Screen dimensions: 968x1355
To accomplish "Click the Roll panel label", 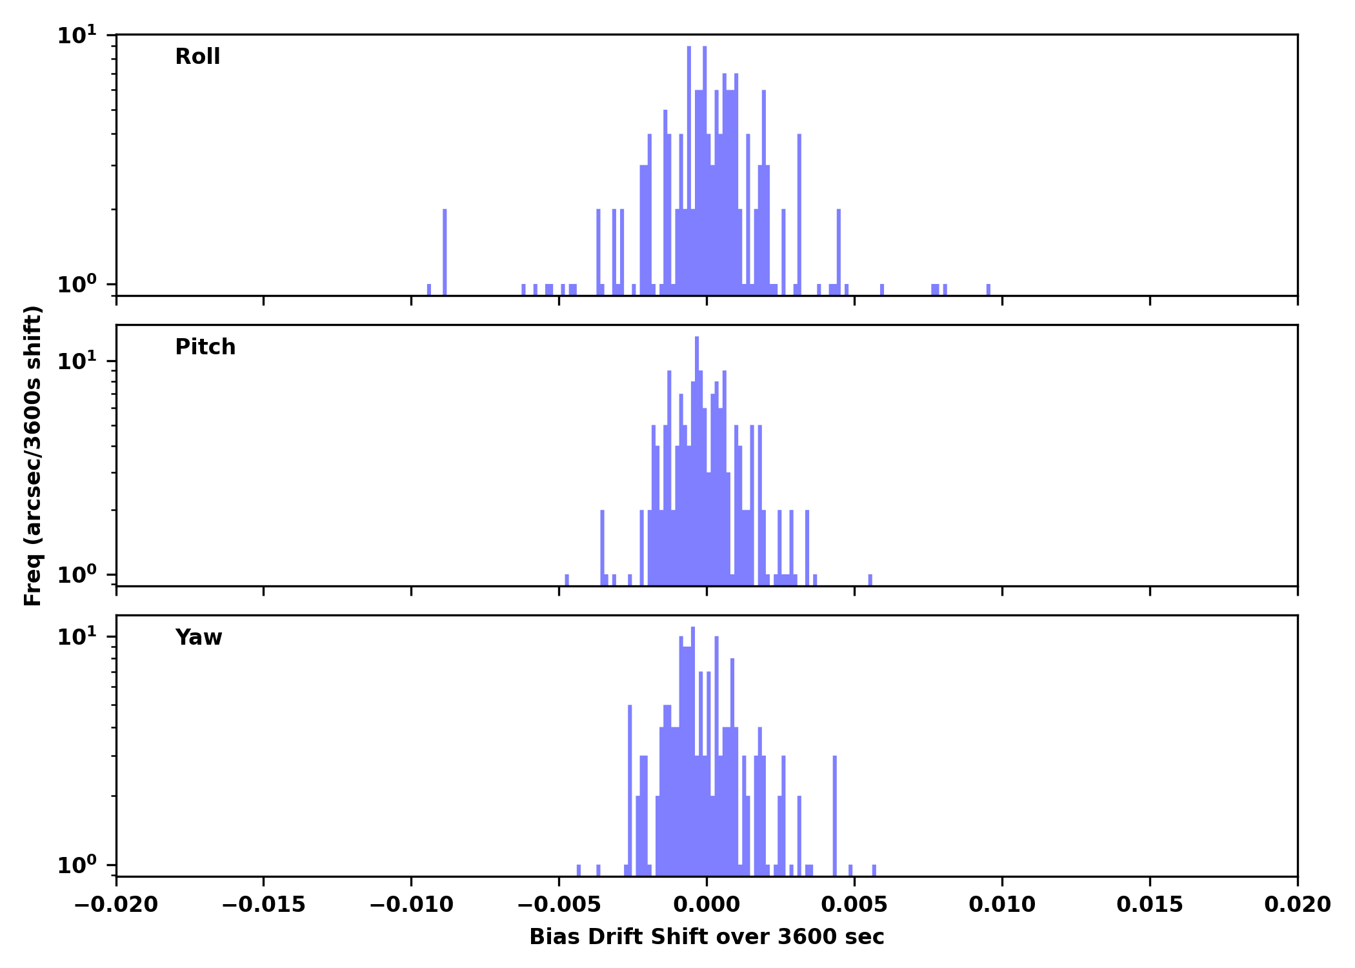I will [x=197, y=57].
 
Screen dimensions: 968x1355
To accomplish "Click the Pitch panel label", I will [x=205, y=347].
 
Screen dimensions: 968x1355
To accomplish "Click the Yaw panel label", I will [x=199, y=638].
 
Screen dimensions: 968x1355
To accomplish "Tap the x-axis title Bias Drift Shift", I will [x=707, y=937].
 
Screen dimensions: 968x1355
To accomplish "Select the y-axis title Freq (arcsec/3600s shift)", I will [x=32, y=455].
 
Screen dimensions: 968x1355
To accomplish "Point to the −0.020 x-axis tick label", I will [x=116, y=905].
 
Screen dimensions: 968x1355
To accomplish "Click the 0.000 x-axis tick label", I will [x=707, y=905].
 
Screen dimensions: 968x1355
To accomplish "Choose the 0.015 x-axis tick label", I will [x=1150, y=905].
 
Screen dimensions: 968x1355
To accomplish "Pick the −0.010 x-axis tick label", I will [x=411, y=905].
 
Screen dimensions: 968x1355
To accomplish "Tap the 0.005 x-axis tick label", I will [x=854, y=905].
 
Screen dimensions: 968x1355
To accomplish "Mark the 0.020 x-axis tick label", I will [x=1297, y=905].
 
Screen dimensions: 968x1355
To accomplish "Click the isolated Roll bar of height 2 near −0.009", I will [x=445, y=252].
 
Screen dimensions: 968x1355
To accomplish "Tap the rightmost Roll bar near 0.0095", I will [x=988, y=289].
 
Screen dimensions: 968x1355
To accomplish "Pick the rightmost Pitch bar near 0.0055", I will [x=870, y=580].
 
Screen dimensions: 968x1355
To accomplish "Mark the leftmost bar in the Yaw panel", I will [x=579, y=870].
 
